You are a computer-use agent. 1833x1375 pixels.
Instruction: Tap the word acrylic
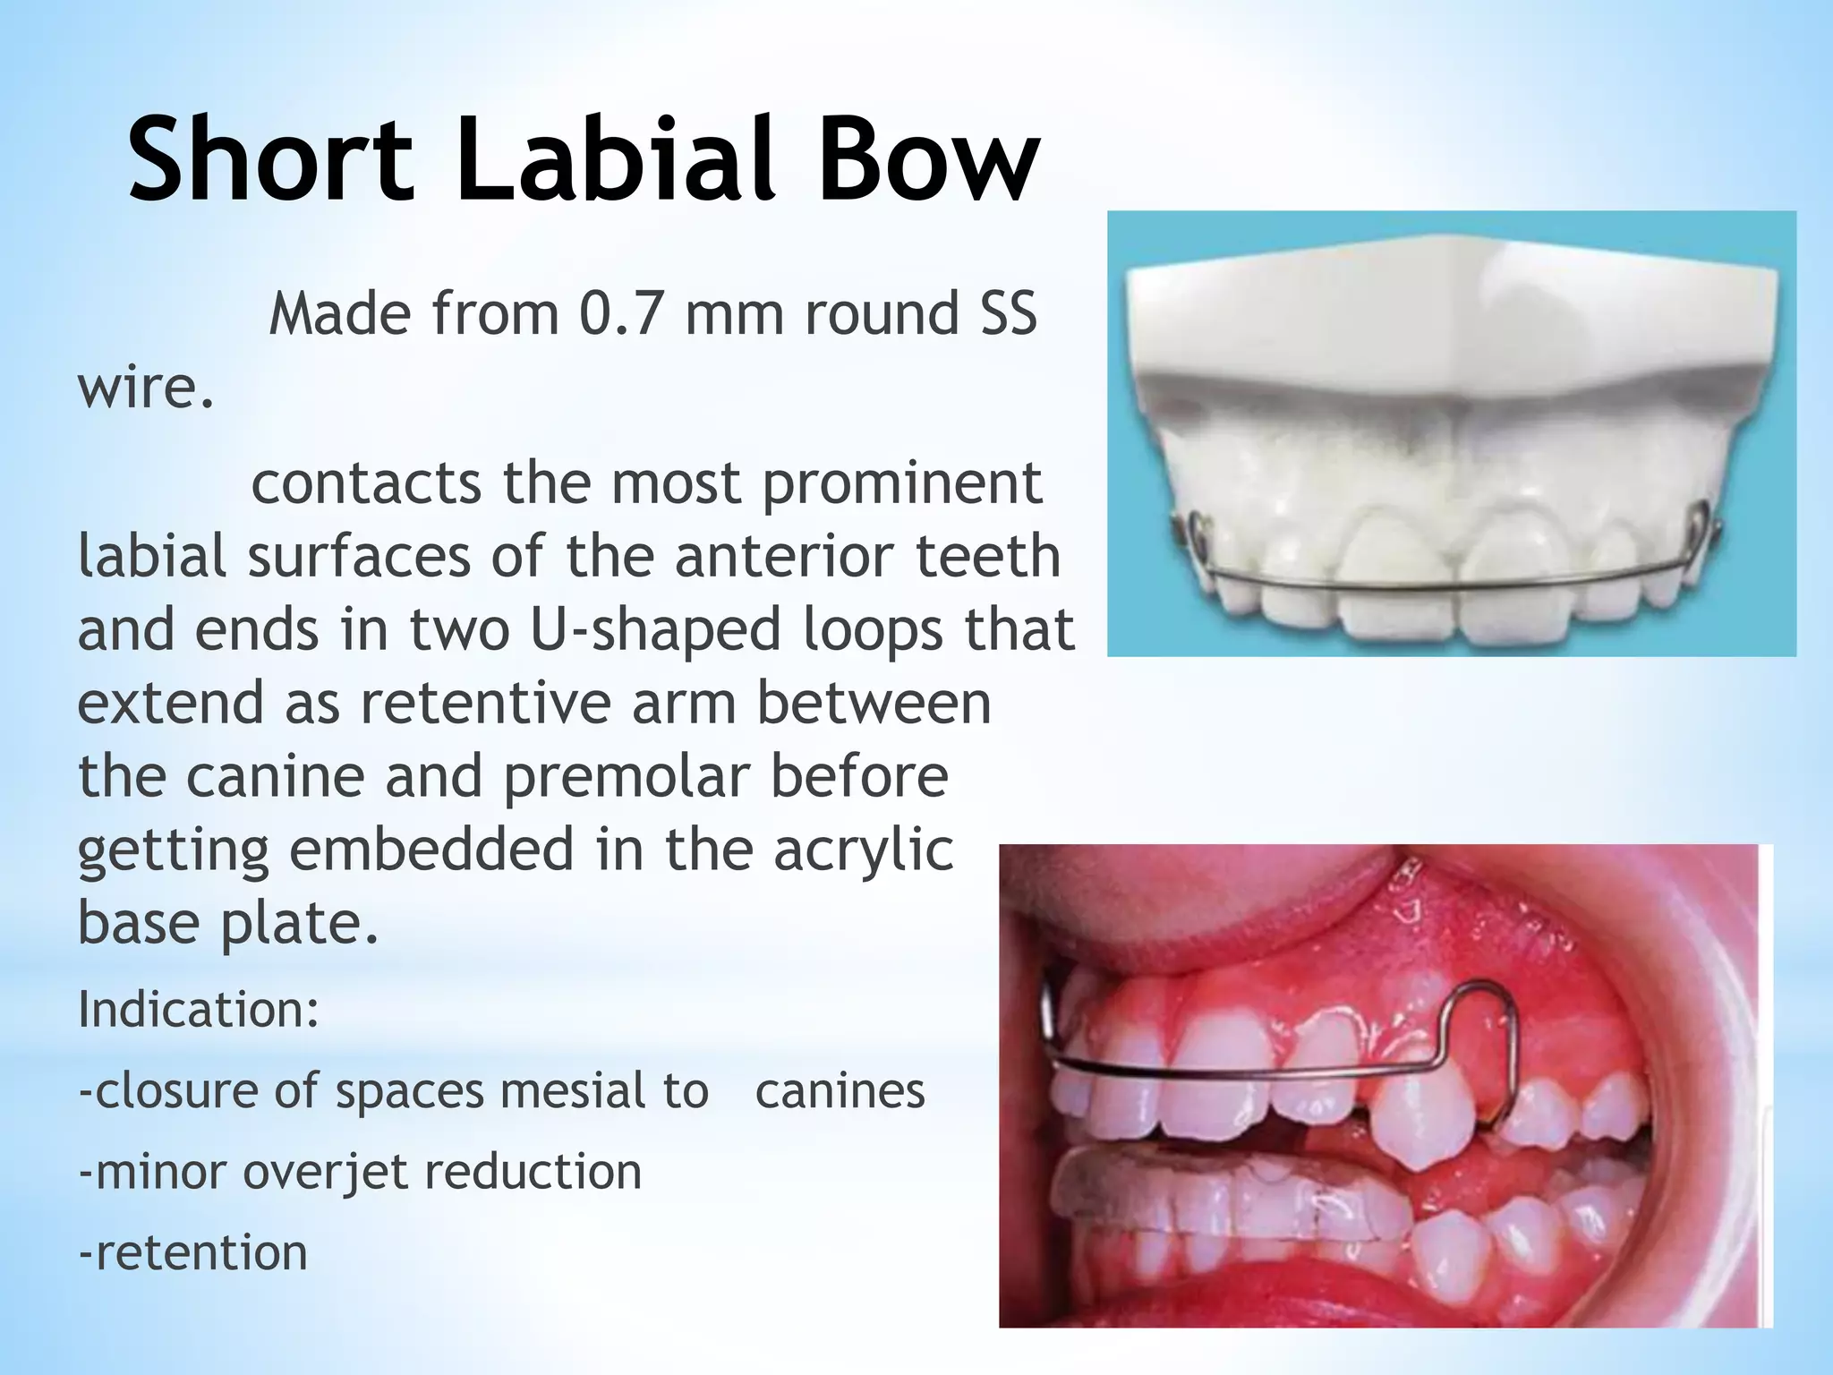pos(863,850)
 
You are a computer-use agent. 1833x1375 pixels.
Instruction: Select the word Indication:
pos(199,1010)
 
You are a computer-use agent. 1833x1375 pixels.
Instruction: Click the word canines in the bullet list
pos(840,1091)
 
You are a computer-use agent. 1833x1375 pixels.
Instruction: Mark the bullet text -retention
pos(192,1252)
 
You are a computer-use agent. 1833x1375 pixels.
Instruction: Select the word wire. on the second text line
pos(146,389)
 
